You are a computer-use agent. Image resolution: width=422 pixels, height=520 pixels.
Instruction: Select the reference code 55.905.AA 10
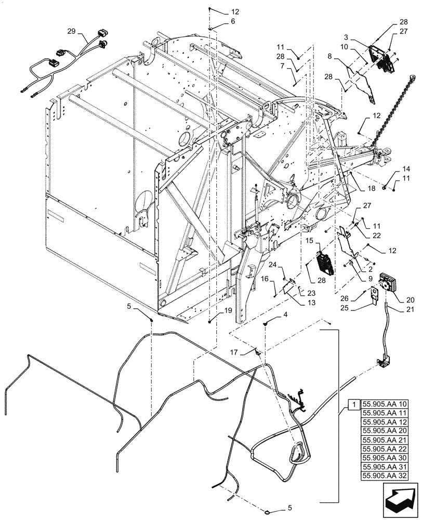(385, 404)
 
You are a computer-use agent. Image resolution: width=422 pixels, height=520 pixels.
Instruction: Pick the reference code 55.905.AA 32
(385, 475)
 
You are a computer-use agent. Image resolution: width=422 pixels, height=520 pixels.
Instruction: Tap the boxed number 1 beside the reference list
(353, 404)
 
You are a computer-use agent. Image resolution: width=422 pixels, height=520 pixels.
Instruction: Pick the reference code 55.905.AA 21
(385, 439)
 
